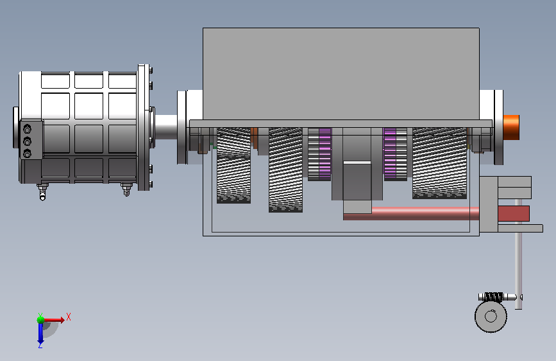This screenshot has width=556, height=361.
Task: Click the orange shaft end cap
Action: [511, 127]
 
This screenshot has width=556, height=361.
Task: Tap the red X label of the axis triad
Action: [69, 317]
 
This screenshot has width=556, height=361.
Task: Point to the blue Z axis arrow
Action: [40, 333]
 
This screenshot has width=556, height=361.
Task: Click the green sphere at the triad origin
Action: [41, 320]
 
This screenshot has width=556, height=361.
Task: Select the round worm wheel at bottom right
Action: [491, 316]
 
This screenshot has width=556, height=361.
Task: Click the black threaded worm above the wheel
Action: [493, 297]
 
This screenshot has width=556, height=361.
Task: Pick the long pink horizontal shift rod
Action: [411, 213]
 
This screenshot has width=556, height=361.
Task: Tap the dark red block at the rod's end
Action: [514, 213]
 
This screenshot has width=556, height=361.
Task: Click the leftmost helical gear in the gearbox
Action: [233, 166]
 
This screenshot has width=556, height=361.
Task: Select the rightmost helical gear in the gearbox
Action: [439, 163]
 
